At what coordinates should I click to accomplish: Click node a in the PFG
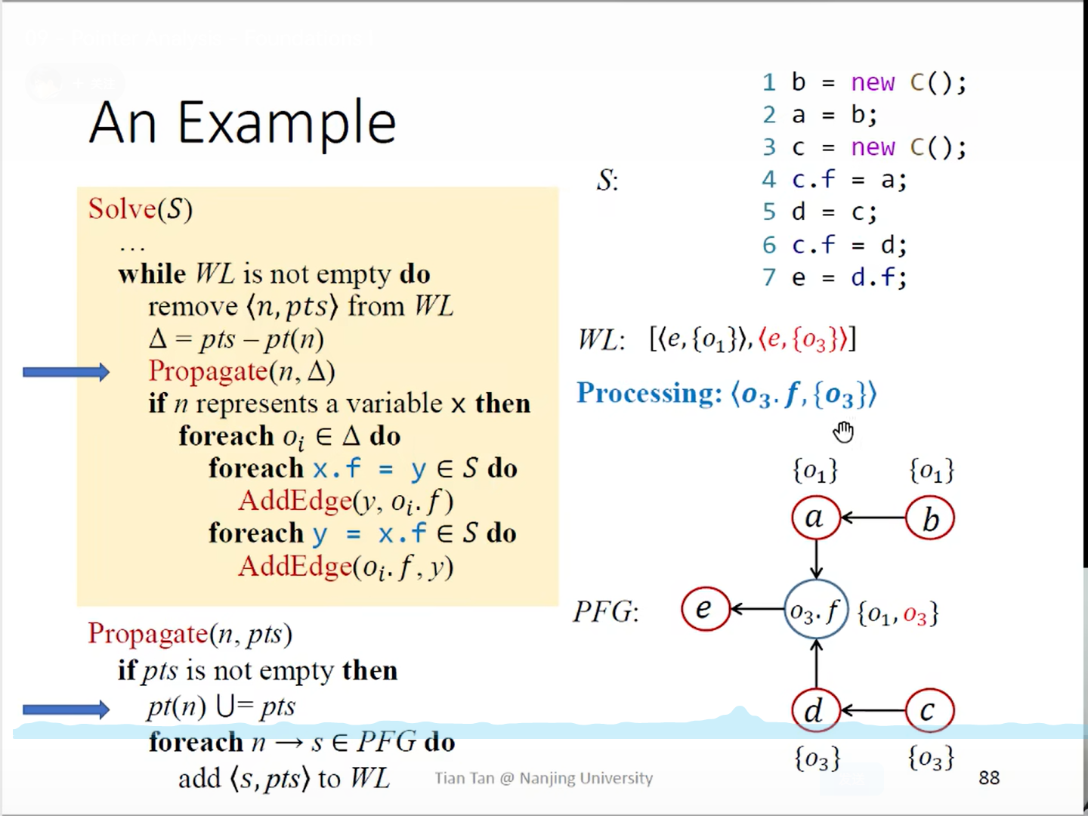point(815,518)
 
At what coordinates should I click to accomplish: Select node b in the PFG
point(930,519)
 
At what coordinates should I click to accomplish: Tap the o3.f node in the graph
point(815,610)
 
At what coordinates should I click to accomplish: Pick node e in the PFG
point(705,609)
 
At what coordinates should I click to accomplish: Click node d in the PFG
point(815,710)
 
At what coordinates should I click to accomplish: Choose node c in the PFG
point(929,710)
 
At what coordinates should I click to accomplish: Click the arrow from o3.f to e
point(758,609)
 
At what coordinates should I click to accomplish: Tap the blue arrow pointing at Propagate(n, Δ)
point(66,372)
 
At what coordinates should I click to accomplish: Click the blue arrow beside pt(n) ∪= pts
point(66,709)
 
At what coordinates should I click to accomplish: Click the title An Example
point(243,122)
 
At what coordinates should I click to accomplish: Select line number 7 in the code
point(769,277)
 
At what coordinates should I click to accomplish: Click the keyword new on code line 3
point(873,147)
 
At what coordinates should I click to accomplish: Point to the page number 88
point(988,777)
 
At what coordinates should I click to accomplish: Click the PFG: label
point(606,611)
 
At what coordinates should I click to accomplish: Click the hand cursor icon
point(843,431)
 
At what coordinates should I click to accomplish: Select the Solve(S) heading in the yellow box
point(141,209)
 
